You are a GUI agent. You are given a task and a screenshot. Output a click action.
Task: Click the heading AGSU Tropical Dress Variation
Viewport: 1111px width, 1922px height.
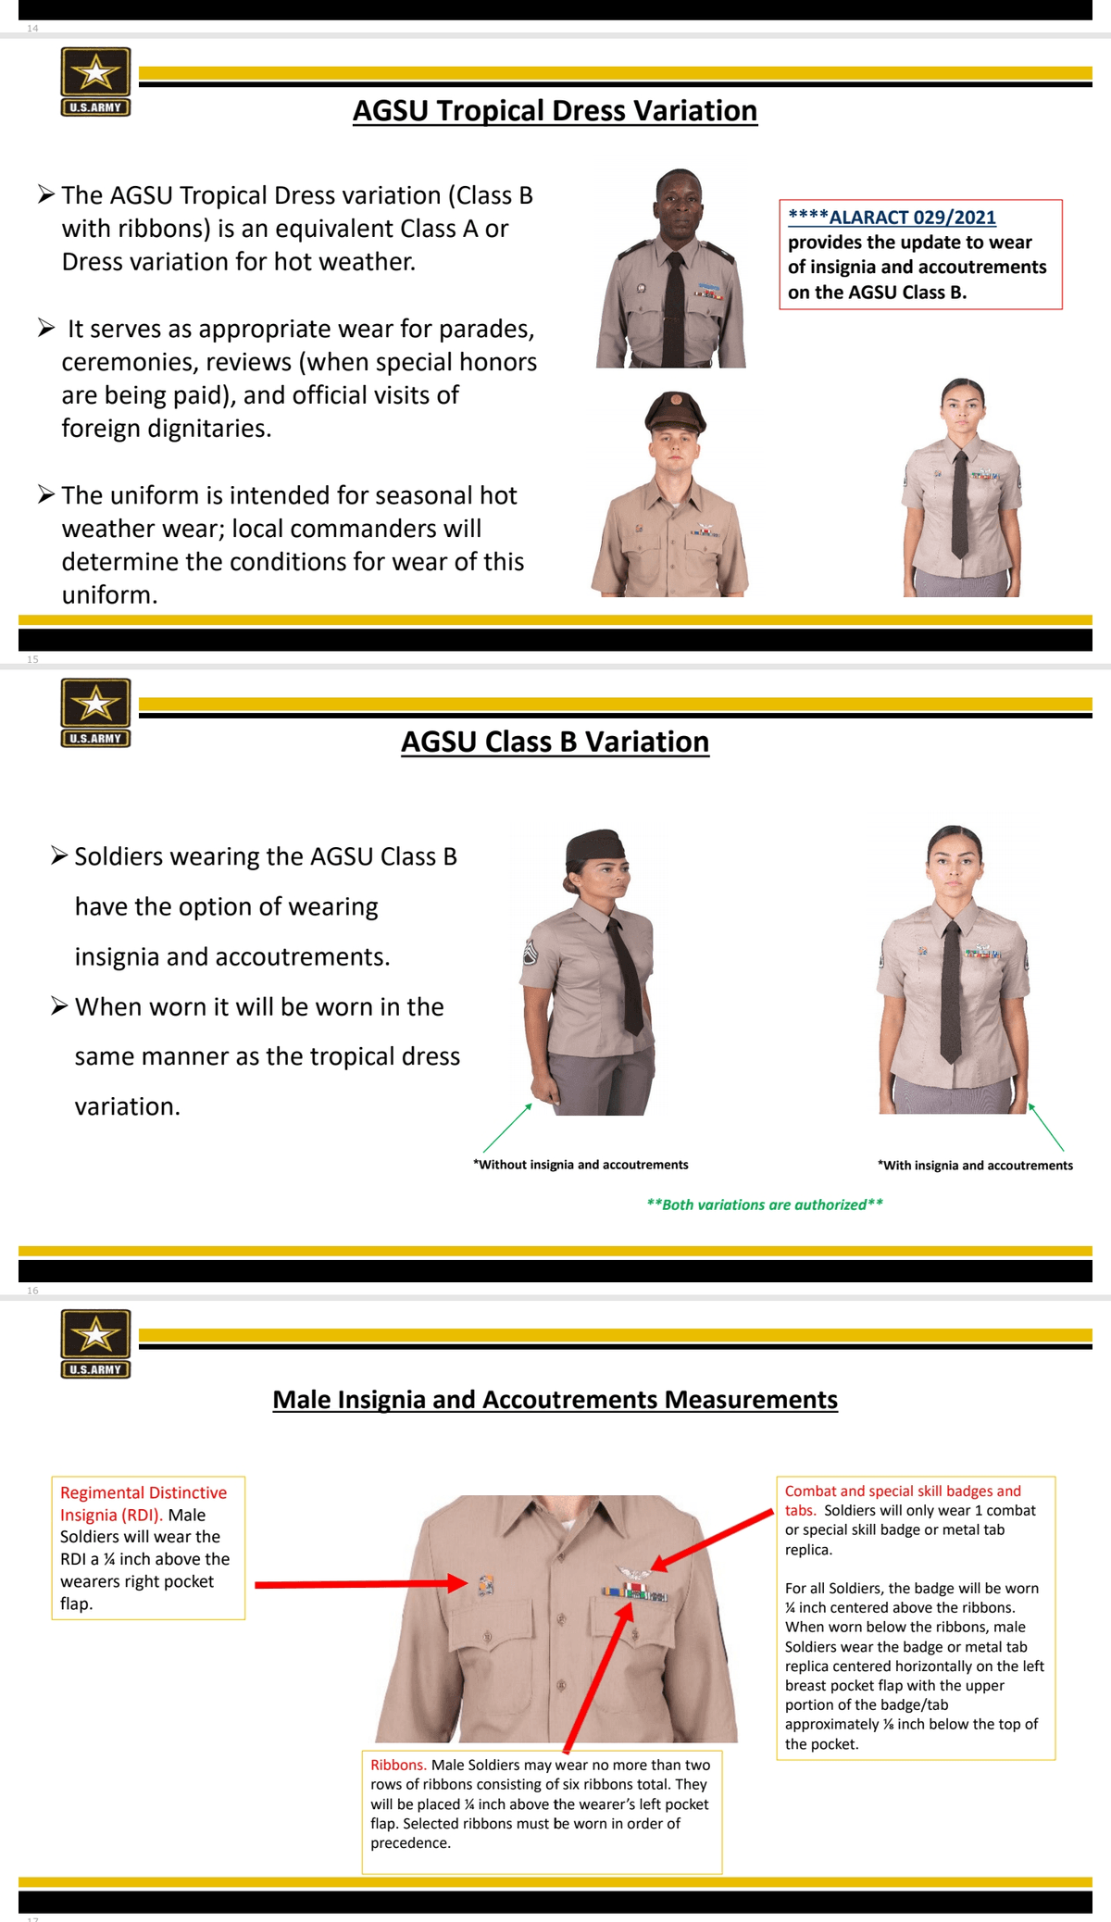click(555, 111)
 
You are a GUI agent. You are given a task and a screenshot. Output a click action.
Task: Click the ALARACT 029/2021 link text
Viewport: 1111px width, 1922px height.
click(912, 218)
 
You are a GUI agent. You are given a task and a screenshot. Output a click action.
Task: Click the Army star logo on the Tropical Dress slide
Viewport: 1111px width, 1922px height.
click(95, 74)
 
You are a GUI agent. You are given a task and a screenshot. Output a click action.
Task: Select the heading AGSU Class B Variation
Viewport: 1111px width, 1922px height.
click(555, 743)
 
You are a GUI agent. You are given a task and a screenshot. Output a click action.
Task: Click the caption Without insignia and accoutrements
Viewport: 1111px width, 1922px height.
click(581, 1165)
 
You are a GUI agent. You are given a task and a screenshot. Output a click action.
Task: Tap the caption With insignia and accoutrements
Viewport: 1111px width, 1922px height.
click(976, 1166)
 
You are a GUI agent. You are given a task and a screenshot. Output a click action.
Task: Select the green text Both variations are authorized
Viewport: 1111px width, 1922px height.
click(765, 1204)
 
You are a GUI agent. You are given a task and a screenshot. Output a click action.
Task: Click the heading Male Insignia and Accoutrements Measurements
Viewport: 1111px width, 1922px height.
click(555, 1400)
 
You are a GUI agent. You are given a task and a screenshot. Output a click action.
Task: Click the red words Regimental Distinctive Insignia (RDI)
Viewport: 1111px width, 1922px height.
click(144, 1504)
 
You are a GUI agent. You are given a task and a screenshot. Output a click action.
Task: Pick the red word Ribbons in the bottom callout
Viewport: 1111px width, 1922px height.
click(398, 1765)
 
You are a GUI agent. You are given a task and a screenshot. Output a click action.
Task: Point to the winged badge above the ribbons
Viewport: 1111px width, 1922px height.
click(633, 1574)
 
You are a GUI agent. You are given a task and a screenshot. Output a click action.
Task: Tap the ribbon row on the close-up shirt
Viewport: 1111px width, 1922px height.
click(634, 1594)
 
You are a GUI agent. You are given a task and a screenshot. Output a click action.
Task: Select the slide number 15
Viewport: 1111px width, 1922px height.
click(33, 659)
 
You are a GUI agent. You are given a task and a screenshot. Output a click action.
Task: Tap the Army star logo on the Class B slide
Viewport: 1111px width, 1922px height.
click(95, 705)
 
